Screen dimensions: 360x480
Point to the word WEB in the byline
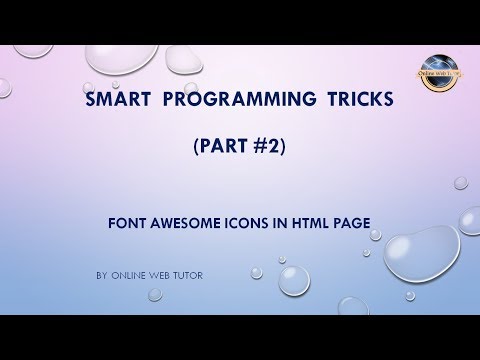[161, 272]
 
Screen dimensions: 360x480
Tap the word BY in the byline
[103, 272]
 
